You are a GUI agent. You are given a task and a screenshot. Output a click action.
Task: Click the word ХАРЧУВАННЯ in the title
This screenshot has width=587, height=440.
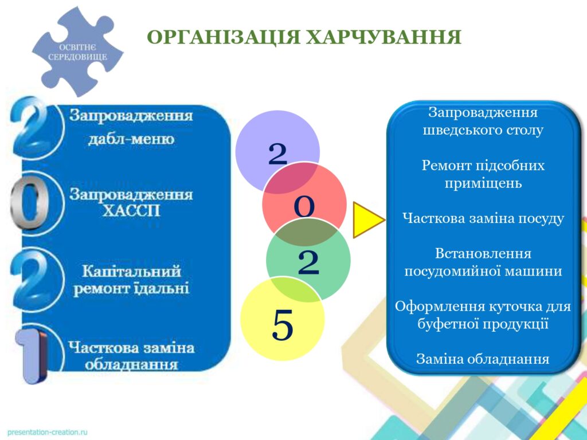pos(383,37)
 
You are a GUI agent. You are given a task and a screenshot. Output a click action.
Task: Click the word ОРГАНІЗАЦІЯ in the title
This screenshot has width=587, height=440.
pos(223,37)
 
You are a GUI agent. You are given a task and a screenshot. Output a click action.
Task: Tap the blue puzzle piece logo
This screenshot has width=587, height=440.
pos(77,52)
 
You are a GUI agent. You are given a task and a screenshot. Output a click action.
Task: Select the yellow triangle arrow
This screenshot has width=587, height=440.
pos(369,220)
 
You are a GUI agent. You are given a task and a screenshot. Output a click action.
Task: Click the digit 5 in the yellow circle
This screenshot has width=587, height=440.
pos(282,325)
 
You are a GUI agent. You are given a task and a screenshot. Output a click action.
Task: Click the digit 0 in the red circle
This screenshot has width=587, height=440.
pos(304,207)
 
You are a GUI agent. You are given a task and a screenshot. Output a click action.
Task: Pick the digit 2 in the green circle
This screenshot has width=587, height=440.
pos(308,262)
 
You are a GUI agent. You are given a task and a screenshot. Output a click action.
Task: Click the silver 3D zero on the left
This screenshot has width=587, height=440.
pos(28,203)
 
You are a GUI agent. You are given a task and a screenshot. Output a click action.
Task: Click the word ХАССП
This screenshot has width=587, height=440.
pos(131,211)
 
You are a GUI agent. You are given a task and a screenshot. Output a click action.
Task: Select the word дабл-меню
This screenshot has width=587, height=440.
pos(131,139)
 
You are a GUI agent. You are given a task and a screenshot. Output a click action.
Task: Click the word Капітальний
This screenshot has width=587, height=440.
pos(131,271)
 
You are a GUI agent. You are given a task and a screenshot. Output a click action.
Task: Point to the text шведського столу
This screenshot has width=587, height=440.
pos(483,130)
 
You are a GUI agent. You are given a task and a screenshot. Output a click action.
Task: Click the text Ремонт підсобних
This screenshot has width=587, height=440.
pos(483,166)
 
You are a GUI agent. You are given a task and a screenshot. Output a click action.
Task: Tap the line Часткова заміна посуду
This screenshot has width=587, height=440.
pos(483,218)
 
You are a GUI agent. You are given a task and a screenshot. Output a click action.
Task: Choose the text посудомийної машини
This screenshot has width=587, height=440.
pos(483,271)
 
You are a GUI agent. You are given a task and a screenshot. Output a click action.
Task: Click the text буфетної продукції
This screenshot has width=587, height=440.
pos(483,324)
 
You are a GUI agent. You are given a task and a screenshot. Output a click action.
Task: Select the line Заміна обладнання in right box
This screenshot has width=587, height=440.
pos(483,359)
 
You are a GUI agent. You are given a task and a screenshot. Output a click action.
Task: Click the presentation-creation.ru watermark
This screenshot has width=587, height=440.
pos(47,432)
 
